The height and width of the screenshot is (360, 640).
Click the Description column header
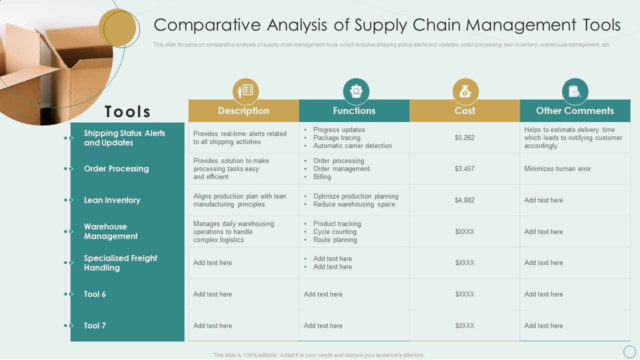click(x=243, y=110)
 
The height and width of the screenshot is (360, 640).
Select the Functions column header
click(x=354, y=110)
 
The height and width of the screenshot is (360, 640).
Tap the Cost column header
click(x=464, y=110)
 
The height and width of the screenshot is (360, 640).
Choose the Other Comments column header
click(x=575, y=110)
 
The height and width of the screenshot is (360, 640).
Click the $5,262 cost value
click(x=464, y=137)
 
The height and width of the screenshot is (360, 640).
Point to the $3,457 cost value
click(x=464, y=168)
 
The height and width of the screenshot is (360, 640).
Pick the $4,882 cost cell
click(x=464, y=200)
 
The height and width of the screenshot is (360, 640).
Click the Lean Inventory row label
click(x=112, y=200)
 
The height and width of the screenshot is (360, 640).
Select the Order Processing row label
click(x=116, y=168)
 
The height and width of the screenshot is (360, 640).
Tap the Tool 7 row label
click(x=95, y=325)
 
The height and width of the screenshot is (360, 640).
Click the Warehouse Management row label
click(x=110, y=231)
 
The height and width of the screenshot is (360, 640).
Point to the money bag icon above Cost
click(x=465, y=91)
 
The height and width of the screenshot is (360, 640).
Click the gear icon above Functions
click(x=356, y=91)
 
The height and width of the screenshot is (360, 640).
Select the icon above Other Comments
click(x=575, y=91)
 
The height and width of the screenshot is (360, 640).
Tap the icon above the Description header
click(x=245, y=91)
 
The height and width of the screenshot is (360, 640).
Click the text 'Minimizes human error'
click(x=557, y=168)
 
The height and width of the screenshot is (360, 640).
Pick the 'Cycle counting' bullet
click(x=334, y=231)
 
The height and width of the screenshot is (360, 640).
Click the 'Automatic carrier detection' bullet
click(x=352, y=145)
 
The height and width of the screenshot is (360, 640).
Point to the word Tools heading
click(x=127, y=111)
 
